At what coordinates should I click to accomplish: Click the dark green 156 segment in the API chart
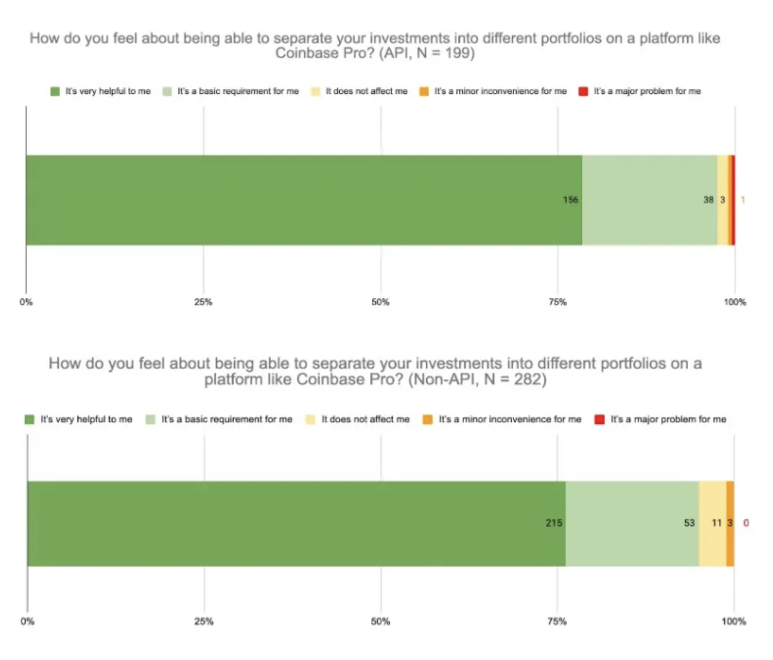tap(304, 200)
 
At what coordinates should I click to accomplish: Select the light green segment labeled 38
tap(650, 200)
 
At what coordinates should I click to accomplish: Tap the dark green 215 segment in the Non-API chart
tap(296, 523)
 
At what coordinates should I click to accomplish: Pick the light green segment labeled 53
tap(632, 523)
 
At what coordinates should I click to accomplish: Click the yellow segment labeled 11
tap(712, 523)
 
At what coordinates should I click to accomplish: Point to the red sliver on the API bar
tap(733, 200)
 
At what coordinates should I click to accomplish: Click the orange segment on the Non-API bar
tap(730, 523)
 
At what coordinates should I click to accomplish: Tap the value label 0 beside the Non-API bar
tap(746, 523)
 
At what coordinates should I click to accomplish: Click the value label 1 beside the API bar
tap(743, 200)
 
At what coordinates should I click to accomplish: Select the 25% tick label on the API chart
tap(203, 302)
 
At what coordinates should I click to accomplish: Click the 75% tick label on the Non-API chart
tap(557, 621)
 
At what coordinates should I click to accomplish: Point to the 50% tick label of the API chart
tap(381, 302)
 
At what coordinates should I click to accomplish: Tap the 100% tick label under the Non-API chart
tap(733, 621)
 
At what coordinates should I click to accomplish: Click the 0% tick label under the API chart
tap(26, 302)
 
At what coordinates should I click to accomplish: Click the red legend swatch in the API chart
tap(584, 91)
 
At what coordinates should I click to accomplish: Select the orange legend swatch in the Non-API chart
tap(428, 419)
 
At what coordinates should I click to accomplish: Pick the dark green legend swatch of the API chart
tap(55, 91)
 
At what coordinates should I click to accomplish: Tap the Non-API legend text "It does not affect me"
tap(365, 419)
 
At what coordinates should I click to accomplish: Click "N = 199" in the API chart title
tap(445, 53)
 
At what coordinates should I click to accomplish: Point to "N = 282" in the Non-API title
tap(514, 379)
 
